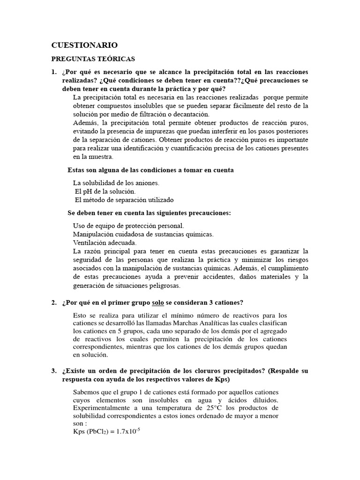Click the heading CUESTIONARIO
tap(84, 45)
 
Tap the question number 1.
tap(53, 72)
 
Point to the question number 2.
tap(53, 302)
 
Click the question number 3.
tap(53, 371)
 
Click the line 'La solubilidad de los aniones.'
tap(116, 183)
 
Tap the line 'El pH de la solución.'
tap(105, 191)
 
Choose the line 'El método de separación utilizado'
tap(124, 200)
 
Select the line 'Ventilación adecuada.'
tap(105, 243)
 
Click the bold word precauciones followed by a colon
tap(209, 213)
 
